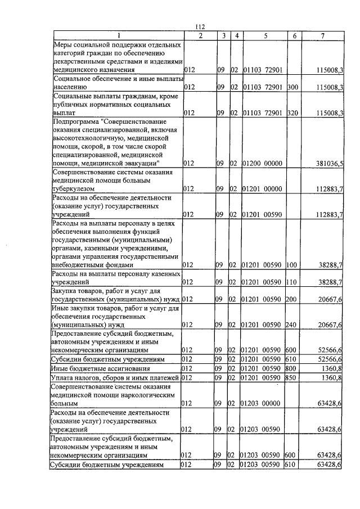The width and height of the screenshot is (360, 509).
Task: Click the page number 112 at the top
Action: [x=199, y=28]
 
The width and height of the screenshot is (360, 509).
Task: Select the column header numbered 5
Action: [x=264, y=36]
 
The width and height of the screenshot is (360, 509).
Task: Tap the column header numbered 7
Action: [x=322, y=36]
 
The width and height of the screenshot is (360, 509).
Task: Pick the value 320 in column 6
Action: [x=291, y=112]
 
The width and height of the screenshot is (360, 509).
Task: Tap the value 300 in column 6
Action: [x=291, y=87]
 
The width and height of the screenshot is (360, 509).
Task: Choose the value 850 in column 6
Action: [x=291, y=377]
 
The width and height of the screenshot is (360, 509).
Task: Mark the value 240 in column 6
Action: [x=291, y=325]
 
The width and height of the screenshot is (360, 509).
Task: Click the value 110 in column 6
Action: [x=291, y=281]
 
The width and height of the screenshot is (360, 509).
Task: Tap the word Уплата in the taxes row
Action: [x=62, y=377]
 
